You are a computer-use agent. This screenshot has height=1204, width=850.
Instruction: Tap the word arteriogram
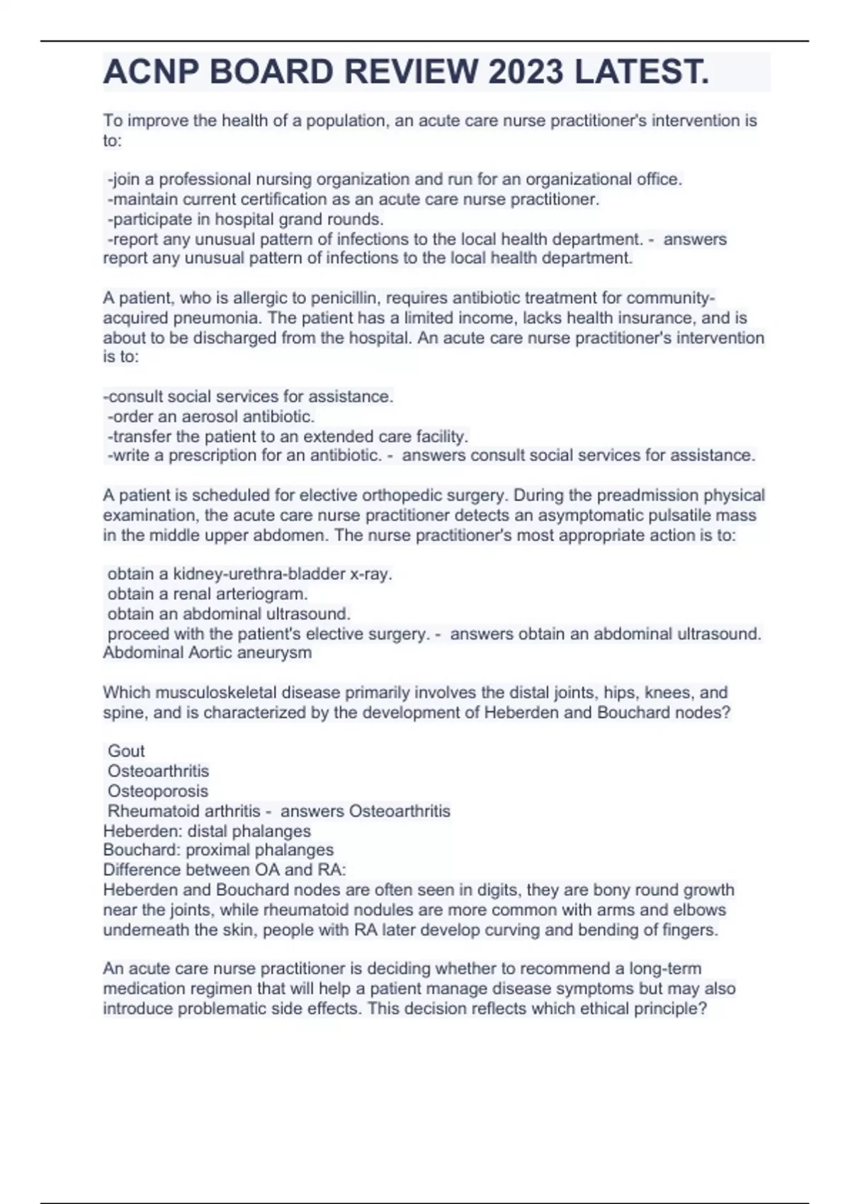pyautogui.click(x=264, y=594)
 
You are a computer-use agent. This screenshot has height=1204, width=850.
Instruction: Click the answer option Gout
pyautogui.click(x=126, y=751)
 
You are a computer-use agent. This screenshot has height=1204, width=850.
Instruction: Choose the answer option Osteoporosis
pyautogui.click(x=158, y=791)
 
